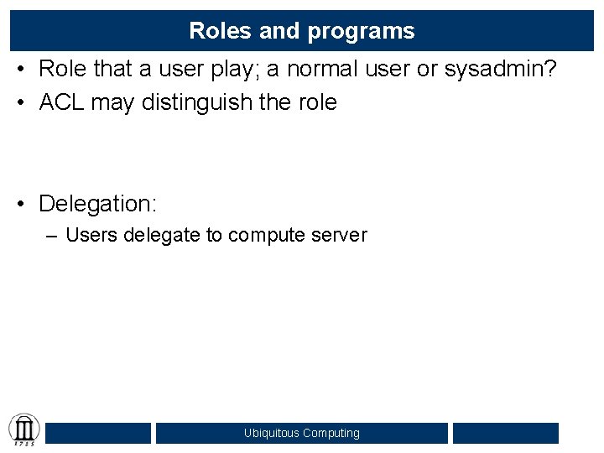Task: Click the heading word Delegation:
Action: (x=97, y=204)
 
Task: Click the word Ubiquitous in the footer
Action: (x=271, y=434)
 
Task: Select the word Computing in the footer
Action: (x=331, y=434)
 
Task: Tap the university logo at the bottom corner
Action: (x=23, y=430)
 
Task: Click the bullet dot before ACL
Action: (x=23, y=103)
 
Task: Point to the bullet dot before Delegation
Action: (x=23, y=204)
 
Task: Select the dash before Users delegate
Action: (x=52, y=236)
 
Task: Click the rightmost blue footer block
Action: (x=505, y=433)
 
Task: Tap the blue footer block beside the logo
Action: (x=98, y=433)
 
